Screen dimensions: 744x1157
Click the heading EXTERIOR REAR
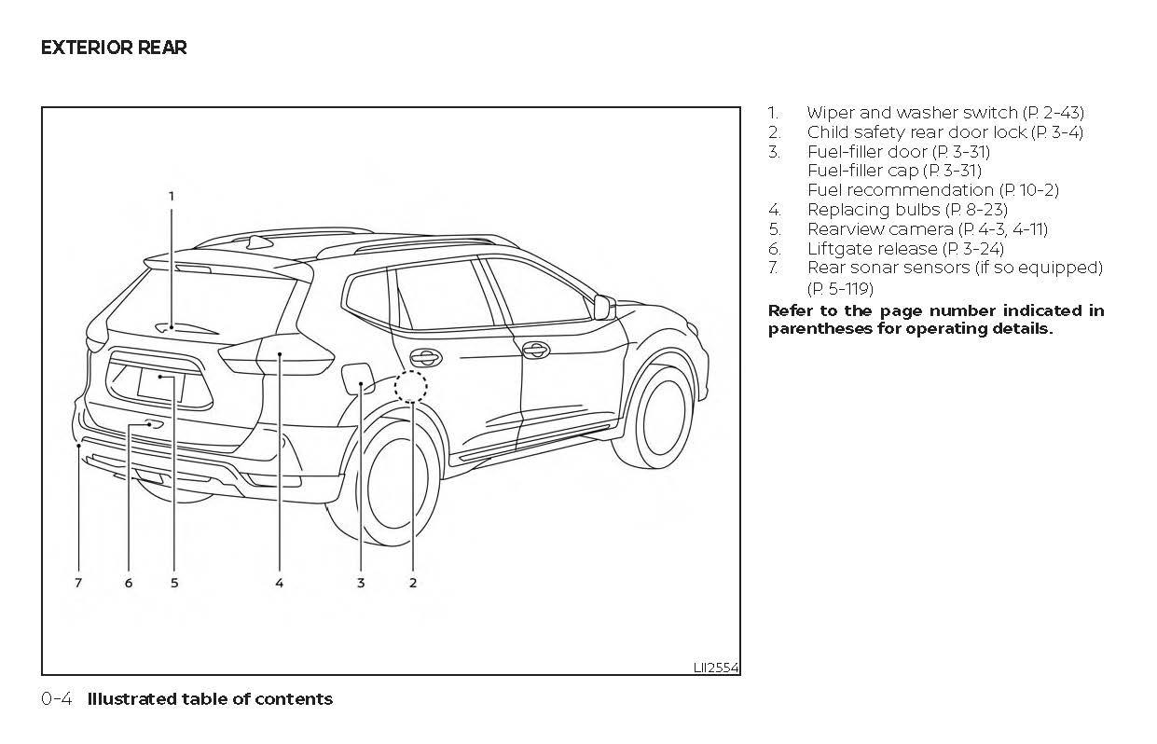click(x=114, y=48)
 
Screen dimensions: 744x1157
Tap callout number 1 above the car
click(x=172, y=196)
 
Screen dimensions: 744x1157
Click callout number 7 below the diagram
click(x=78, y=583)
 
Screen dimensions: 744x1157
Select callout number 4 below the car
click(x=279, y=583)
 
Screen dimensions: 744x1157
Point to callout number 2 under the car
click(x=412, y=583)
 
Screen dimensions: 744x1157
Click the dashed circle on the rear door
click(x=410, y=386)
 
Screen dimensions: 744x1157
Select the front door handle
click(x=534, y=350)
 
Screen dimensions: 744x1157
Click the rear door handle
click(x=426, y=357)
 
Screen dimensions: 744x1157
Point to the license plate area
click(x=160, y=382)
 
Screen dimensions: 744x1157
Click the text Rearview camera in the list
click(x=879, y=228)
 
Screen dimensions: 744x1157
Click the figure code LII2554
click(x=715, y=668)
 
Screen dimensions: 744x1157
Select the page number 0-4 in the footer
click(x=56, y=699)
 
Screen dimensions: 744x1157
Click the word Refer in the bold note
click(x=789, y=310)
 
